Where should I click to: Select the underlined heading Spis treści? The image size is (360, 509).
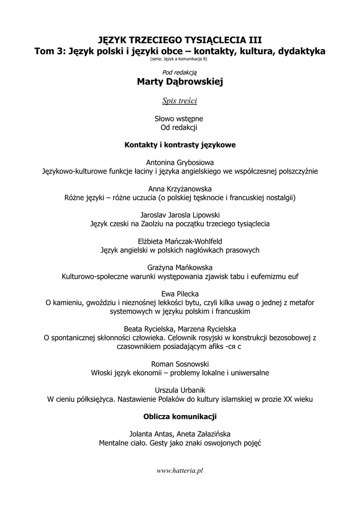[x=180, y=101]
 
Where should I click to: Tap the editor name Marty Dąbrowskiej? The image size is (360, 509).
[x=180, y=82]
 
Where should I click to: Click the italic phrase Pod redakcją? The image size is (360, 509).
[x=180, y=72]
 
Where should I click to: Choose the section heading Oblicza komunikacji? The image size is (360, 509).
[x=180, y=416]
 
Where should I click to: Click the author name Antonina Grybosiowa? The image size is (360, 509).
[x=180, y=163]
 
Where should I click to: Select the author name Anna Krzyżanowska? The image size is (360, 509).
[x=180, y=189]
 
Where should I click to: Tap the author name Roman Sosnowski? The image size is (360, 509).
[x=180, y=364]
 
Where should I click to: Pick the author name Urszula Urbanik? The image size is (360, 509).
[x=180, y=390]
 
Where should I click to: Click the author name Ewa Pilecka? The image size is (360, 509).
[x=180, y=294]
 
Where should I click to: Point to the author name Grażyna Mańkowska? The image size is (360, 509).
[x=180, y=267]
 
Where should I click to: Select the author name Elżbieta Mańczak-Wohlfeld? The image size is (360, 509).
[x=180, y=241]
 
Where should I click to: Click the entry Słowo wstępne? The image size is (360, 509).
[x=180, y=119]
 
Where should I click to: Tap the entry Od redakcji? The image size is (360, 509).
[x=180, y=128]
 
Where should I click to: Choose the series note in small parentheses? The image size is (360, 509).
[x=180, y=59]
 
